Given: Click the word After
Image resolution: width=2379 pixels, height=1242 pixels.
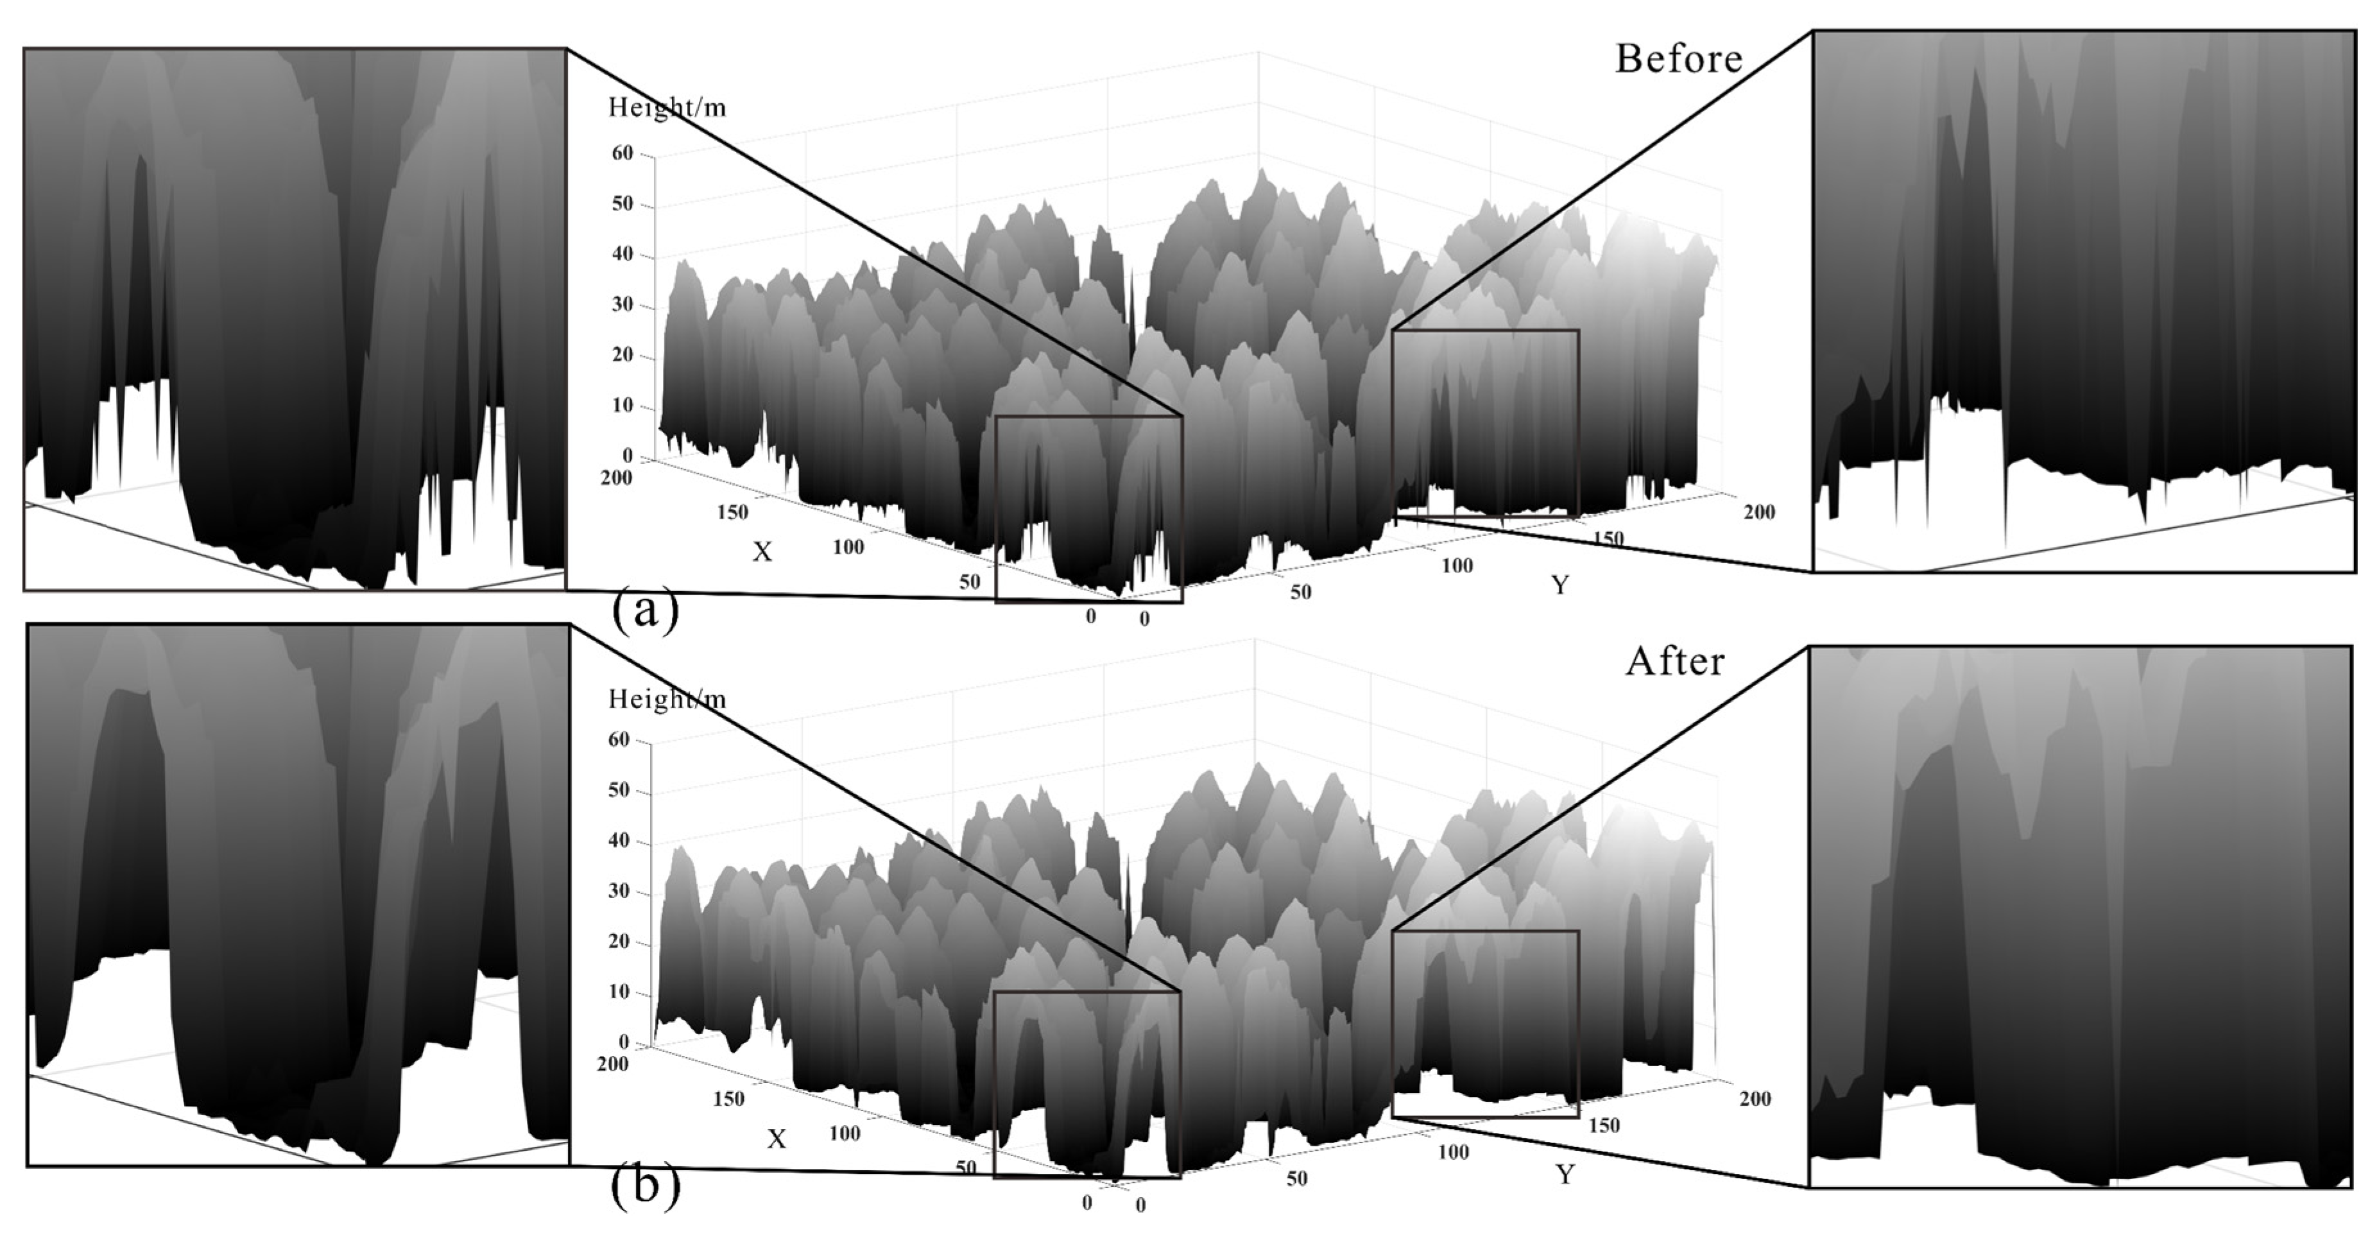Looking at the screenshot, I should point(1674,661).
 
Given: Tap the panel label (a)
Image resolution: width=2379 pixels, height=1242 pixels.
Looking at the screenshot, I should point(644,610).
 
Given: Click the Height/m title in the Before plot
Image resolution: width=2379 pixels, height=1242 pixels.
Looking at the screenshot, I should point(667,108).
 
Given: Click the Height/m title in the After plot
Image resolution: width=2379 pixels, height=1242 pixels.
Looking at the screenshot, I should point(667,699).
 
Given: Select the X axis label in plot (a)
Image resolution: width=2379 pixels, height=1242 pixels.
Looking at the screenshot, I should point(761,552).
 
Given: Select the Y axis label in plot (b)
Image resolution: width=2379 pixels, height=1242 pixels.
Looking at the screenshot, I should point(1565,1174).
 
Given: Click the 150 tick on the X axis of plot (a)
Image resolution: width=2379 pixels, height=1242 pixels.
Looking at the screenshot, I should point(732,512).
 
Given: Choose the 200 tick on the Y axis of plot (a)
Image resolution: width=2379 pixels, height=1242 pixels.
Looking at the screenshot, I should point(1758,512).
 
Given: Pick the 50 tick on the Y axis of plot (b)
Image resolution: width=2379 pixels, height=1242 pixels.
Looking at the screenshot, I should point(1296,1178).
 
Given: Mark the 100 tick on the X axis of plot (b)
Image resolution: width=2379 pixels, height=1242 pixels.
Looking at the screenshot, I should point(844,1133).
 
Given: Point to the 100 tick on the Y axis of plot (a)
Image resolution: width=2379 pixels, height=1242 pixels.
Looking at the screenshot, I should point(1456,565).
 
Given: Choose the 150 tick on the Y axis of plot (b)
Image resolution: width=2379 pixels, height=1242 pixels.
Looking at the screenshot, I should point(1604,1125).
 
